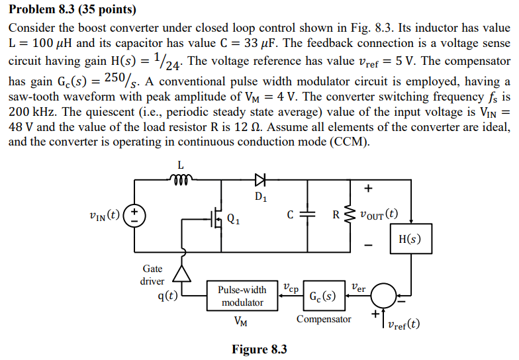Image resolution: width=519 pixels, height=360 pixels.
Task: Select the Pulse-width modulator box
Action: pos(242,296)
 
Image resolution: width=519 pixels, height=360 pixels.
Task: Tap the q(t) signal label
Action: pos(167,296)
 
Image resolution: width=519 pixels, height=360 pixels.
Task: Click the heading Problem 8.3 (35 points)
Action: pos(72,9)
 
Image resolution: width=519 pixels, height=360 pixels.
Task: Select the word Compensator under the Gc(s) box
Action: pos(324,319)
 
